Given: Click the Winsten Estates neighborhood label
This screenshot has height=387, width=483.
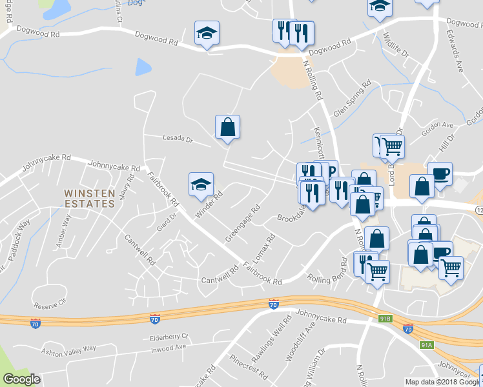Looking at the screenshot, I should click(90, 198).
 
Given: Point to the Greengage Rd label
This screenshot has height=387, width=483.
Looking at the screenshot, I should click(242, 223).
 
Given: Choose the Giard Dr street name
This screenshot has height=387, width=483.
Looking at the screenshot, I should click(165, 223).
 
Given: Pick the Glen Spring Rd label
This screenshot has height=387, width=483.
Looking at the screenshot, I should click(353, 99).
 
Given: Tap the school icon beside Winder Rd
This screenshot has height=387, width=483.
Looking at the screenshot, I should click(201, 184).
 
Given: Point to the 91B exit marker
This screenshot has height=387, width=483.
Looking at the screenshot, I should click(385, 319).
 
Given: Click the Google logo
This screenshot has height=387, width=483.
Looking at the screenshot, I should click(21, 379).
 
